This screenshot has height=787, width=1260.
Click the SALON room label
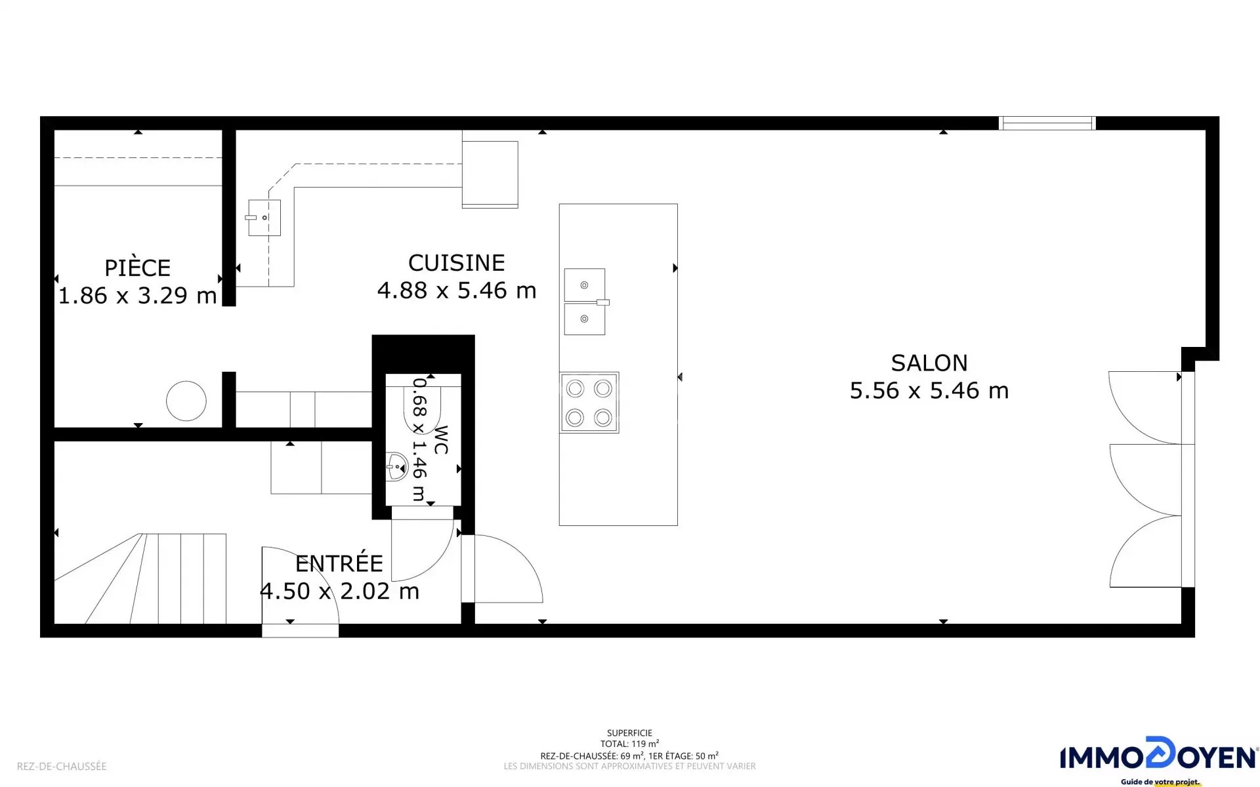929,363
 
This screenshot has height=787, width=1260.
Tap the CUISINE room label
457,263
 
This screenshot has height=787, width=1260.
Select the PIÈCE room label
138,268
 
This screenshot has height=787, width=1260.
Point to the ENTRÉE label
339,563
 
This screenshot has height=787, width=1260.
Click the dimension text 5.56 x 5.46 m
929,391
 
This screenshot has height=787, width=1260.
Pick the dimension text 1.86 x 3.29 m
138,296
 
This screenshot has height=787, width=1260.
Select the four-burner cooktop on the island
589,403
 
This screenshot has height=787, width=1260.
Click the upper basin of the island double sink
585,285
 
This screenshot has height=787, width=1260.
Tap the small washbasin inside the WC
397,466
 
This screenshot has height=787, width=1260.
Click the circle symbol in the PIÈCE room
186,401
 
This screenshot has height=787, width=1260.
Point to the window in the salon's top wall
1047,123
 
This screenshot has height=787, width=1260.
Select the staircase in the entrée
140,578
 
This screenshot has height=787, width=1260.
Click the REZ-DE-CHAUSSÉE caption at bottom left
62,766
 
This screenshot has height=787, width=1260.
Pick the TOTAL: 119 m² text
630,744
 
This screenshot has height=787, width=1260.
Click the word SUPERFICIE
630,733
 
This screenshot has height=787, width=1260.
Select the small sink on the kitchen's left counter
264,218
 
